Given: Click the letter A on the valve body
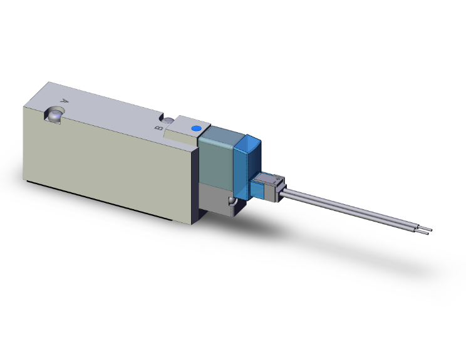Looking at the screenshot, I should pyautogui.click(x=63, y=100).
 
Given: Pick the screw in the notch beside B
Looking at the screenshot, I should pyautogui.click(x=168, y=121).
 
